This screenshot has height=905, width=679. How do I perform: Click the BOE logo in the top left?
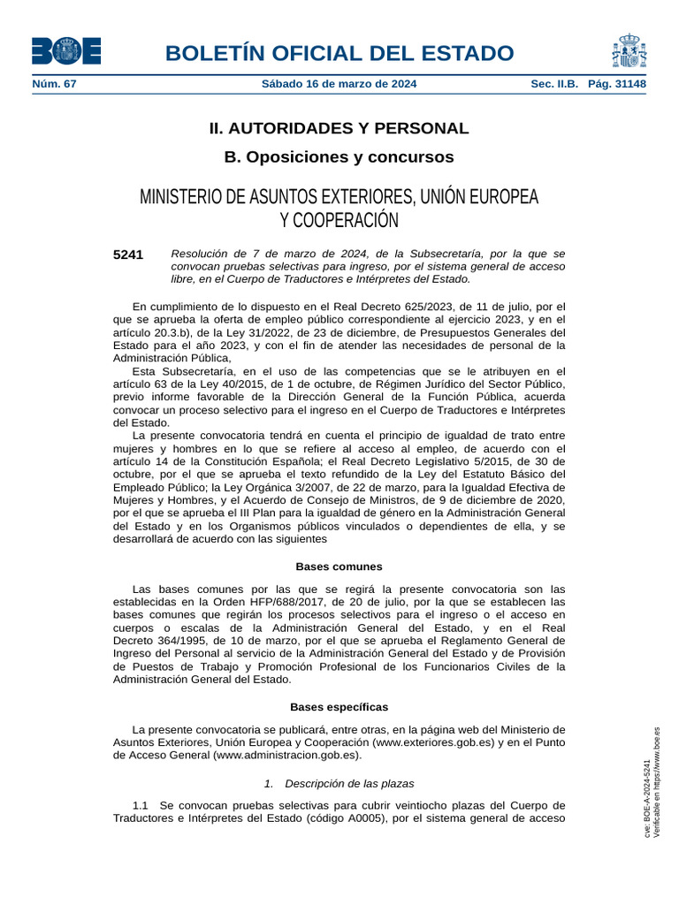coord(66,51)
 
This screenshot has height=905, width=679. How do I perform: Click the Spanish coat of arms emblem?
coord(629,51)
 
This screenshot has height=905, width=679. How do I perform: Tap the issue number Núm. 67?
coord(55,85)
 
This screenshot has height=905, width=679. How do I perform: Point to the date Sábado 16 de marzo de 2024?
coord(339,85)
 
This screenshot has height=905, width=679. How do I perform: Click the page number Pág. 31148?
coord(617,85)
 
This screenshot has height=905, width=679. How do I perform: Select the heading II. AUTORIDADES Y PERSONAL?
coord(339,128)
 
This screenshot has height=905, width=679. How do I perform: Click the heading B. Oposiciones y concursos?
coord(339,157)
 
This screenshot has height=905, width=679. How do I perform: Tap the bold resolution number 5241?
coord(128,255)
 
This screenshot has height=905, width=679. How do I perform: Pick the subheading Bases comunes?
coord(339,567)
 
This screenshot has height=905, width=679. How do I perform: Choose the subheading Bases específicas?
coord(339,707)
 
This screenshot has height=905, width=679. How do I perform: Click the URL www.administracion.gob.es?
coord(286,757)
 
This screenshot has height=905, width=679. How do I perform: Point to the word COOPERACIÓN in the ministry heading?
coord(339,220)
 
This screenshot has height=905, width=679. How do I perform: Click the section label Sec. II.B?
coord(554,85)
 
